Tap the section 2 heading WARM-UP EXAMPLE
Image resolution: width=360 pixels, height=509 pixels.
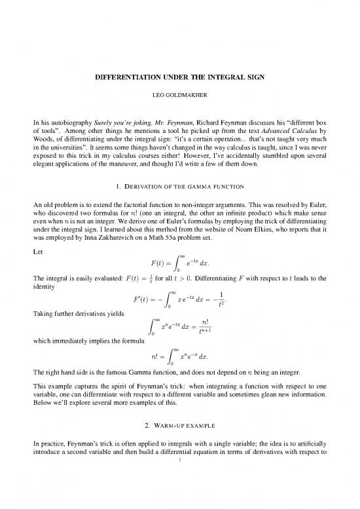click(x=180, y=454)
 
